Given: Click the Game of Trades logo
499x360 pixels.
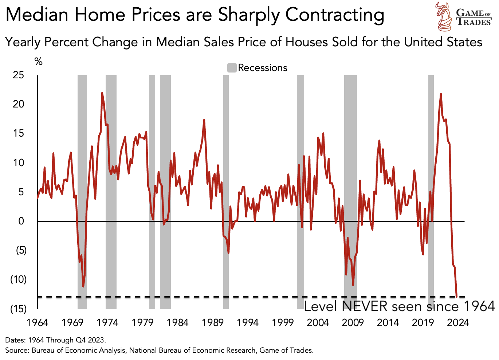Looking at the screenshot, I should (x=464, y=17).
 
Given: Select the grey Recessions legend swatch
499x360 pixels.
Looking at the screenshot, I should (x=232, y=68).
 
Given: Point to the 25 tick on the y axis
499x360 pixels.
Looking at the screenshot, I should (x=18, y=75).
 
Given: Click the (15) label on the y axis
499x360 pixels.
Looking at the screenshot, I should (x=18, y=309).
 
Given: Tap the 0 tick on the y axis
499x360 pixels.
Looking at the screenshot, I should (x=21, y=221).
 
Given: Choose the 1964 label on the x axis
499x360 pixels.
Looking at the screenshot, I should (x=38, y=322).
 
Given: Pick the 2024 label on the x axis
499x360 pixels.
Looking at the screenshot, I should (x=458, y=322).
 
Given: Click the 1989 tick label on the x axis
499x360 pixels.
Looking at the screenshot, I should (x=213, y=322).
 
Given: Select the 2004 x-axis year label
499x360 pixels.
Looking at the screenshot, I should (x=318, y=322).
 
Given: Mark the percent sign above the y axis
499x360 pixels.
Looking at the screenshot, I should (x=38, y=62).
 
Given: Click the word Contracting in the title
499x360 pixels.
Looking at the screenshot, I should (x=335, y=15).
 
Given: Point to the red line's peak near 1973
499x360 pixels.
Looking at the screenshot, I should (x=102, y=93).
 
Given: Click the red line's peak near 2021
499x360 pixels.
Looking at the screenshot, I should (x=441, y=94).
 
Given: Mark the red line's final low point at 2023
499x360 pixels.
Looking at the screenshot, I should (x=457, y=296).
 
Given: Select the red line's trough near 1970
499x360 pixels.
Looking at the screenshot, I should (x=83, y=286).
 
